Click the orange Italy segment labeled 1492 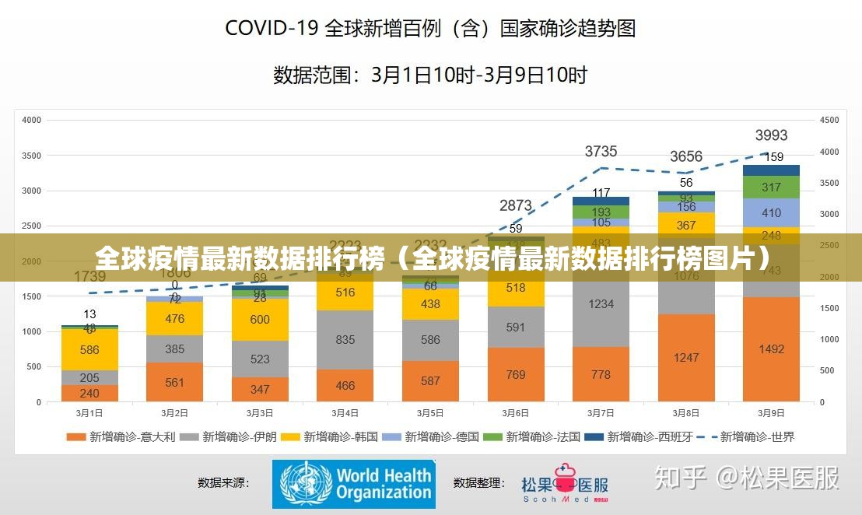[x=771, y=349]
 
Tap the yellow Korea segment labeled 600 [x=260, y=320]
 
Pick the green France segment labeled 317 [x=771, y=187]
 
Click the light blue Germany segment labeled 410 [x=771, y=212]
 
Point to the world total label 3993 [x=771, y=135]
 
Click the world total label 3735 [x=601, y=151]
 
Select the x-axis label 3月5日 [x=430, y=413]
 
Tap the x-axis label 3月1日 [x=89, y=413]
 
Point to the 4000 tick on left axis [x=32, y=121]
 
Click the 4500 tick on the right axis [x=829, y=121]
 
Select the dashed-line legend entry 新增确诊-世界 [x=746, y=437]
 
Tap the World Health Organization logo [x=353, y=484]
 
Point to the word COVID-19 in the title [x=271, y=29]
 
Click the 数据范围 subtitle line [x=430, y=75]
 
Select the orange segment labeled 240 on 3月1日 [x=89, y=394]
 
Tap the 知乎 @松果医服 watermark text [x=746, y=478]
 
